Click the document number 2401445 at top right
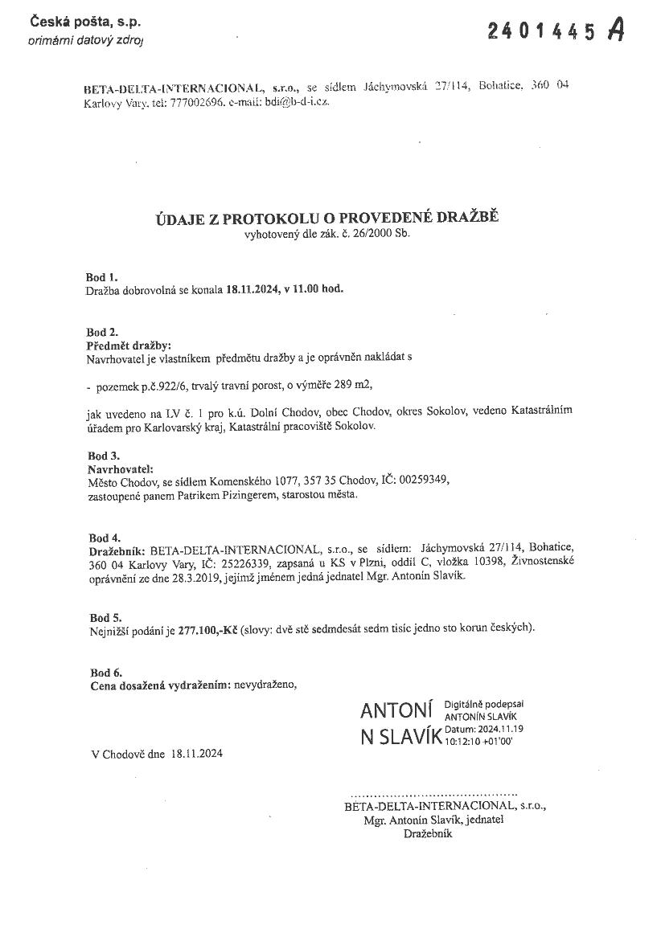point(542,31)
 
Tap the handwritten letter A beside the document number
point(616,30)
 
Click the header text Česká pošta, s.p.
point(74,23)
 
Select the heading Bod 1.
point(102,277)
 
